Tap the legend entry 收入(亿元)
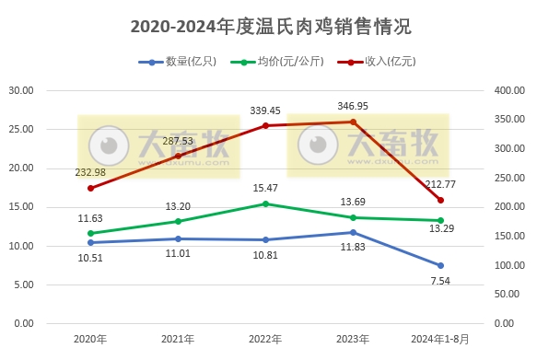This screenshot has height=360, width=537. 382,62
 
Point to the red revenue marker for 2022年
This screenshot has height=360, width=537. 265,125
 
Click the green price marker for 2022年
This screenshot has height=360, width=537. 265,203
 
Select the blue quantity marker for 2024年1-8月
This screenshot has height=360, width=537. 440,265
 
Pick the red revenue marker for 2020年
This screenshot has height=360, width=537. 90,188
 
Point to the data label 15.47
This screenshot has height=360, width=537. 265,188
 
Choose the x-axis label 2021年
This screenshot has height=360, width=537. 178,339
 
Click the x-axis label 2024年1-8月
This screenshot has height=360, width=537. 440,339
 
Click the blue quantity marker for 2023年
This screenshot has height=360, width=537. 353,232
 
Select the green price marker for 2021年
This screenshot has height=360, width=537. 178,221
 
